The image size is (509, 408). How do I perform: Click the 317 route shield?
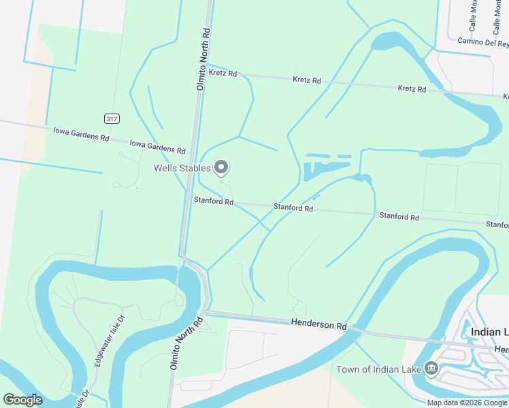coord(111,118)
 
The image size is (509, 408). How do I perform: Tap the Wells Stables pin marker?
coord(221,167)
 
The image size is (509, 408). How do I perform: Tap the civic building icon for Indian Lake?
coord(431,369)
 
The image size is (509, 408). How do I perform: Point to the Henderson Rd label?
coord(318,325)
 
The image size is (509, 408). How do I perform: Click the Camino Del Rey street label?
coord(483,43)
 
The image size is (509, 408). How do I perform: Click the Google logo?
coord(23,399)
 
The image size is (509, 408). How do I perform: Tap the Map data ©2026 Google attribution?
coord(467,403)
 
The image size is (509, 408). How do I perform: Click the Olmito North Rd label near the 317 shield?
coord(201,59)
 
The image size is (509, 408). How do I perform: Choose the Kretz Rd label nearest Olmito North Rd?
coord(223,73)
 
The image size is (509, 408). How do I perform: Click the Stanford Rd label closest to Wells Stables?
coord(213,201)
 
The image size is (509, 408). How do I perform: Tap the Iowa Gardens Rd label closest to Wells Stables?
coord(157,146)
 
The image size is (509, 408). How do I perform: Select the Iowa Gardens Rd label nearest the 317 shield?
coord(81,133)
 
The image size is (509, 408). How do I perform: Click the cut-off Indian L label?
coord(489,332)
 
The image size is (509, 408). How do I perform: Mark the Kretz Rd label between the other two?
coord(306,80)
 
